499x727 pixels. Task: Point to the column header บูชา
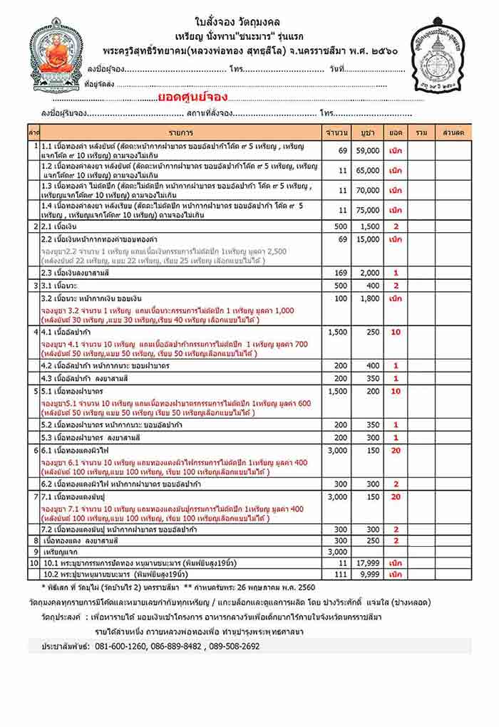click(368, 133)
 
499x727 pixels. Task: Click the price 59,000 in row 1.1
click(368, 151)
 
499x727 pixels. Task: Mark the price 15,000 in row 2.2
click(368, 239)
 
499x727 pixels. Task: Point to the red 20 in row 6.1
click(396, 451)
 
